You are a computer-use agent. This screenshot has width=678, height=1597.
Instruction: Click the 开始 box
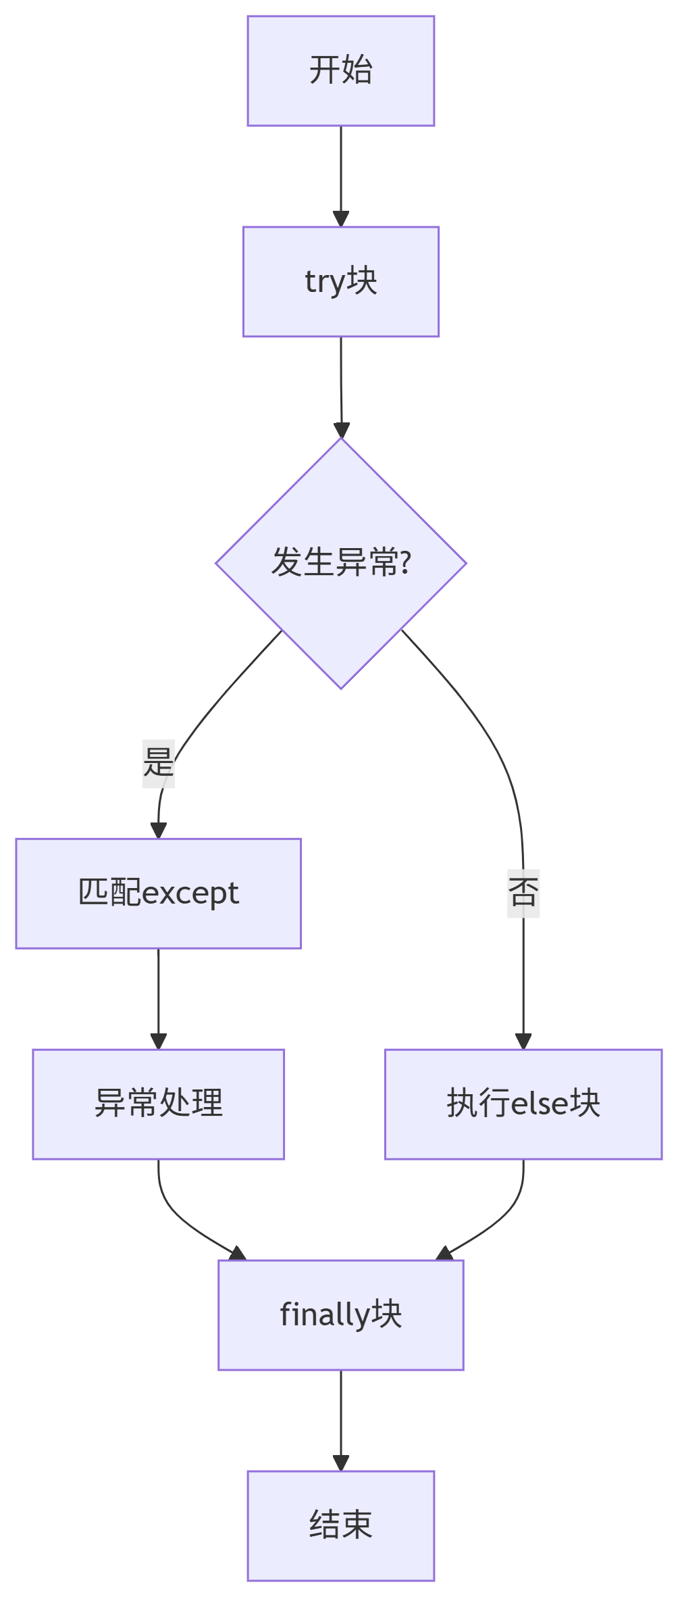coord(340,71)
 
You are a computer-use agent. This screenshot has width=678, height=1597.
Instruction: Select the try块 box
coord(340,281)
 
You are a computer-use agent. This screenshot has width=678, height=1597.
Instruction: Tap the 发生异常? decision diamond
coord(340,563)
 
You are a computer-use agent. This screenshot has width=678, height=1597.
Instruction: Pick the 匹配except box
coord(158,893)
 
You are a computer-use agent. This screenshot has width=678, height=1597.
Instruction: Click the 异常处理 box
coord(158,1104)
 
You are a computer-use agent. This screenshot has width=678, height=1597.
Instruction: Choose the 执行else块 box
coord(523,1104)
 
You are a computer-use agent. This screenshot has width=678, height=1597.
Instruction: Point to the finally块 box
coord(340,1315)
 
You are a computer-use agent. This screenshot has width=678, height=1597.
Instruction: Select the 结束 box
coord(340,1525)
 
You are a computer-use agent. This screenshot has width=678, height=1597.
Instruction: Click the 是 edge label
coord(158,763)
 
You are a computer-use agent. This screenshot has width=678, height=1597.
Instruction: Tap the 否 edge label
coord(523,893)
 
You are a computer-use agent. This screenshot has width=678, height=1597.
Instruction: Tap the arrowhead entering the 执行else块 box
coord(523,1041)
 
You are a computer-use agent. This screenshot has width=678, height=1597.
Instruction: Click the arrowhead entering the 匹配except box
coord(158,831)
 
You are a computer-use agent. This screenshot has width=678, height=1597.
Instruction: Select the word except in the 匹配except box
coord(190,894)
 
